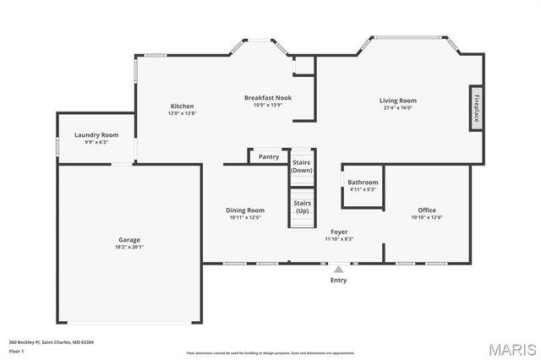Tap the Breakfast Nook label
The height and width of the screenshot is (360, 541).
click(268, 98)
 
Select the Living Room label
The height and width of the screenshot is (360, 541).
click(397, 101)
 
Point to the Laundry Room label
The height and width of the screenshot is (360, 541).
click(96, 135)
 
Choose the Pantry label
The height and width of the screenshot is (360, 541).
click(269, 156)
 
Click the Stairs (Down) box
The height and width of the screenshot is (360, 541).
click(302, 166)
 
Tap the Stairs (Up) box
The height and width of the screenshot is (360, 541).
click(302, 207)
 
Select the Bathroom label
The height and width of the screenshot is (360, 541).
click(363, 182)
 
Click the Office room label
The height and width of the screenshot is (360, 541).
click(427, 210)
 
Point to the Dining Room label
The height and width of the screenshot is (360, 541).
click(245, 210)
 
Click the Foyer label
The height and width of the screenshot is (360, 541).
click(338, 232)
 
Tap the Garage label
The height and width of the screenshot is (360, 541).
click(129, 239)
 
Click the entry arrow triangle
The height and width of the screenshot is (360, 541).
click(338, 269)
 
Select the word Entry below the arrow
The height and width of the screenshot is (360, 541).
click(338, 280)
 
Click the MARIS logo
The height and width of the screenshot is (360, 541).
click(511, 347)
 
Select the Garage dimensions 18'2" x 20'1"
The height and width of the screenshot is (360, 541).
click(129, 247)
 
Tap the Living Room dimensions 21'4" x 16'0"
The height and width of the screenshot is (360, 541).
click(397, 108)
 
